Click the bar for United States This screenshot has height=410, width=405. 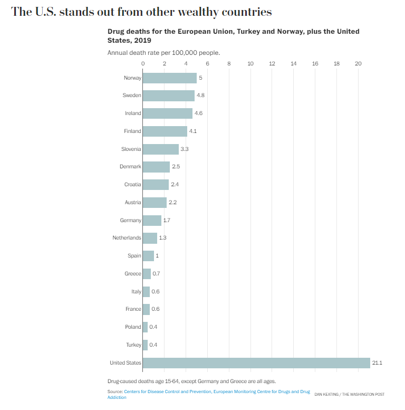pos(256,363)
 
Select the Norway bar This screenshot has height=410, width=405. pos(169,78)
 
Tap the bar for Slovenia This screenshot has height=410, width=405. pos(160,149)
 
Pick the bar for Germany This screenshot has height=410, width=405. pos(152,220)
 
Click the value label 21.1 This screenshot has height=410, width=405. pos(377,363)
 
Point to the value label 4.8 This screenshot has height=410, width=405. pos(200,96)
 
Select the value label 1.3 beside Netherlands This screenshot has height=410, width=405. pos(162,238)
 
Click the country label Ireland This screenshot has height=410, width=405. pos(132,113)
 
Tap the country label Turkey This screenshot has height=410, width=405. pos(133,345)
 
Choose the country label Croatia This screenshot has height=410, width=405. pos(132,185)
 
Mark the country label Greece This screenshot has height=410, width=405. pos(132,273)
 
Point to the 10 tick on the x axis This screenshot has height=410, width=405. pos(250,63)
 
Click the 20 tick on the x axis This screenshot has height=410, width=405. pos(358,63)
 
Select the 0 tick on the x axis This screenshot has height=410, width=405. pos(143,63)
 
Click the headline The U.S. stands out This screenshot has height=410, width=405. pos(141,12)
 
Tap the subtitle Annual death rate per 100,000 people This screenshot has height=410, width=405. pos(163,53)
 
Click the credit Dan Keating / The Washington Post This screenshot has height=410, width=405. pos(349,394)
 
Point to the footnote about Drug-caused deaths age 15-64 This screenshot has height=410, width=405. pos(191,380)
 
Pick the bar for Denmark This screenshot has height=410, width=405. pos(156,167)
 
